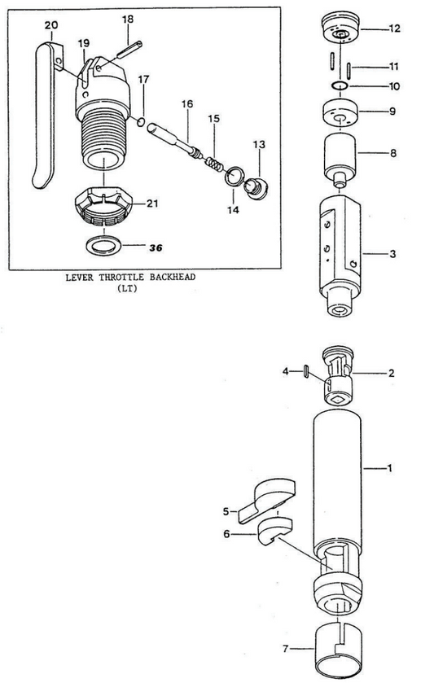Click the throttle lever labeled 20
[46, 114]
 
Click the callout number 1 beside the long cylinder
[390, 468]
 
